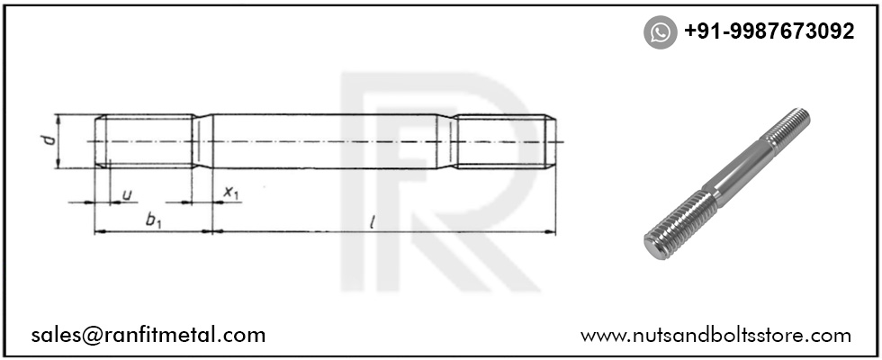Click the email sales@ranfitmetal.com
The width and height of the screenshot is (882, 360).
(148, 335)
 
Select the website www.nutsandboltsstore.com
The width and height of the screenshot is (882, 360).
(715, 336)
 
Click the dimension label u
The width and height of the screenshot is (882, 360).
(127, 193)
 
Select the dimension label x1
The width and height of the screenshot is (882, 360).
(231, 193)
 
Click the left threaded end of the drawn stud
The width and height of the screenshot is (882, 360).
(147, 141)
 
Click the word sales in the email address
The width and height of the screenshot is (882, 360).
(56, 336)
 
